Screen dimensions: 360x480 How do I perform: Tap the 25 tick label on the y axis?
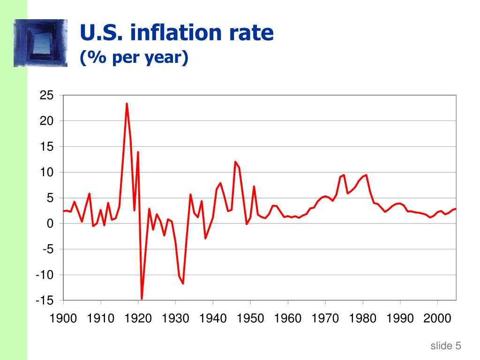[x=47, y=96]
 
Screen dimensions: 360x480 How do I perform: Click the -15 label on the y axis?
[x=45, y=300]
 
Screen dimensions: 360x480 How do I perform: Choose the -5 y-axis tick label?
[x=48, y=249]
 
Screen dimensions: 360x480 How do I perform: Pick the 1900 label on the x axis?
[x=63, y=319]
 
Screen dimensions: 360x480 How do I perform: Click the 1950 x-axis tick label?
[x=250, y=319]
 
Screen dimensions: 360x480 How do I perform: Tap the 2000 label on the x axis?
[x=437, y=319]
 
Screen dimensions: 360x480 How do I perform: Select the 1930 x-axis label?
[x=176, y=319]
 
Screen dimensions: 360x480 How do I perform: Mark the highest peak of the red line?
[x=127, y=104]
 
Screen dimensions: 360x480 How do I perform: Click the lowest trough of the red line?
[x=142, y=299]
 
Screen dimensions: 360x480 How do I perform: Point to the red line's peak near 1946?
[x=235, y=162]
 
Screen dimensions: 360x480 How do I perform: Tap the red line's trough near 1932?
[x=183, y=284]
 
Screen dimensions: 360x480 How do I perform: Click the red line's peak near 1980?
[x=366, y=175]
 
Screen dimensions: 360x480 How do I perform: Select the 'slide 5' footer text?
[x=446, y=346]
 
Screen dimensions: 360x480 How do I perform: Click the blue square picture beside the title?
[x=41, y=43]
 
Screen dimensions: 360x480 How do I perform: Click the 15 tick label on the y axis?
[x=47, y=147]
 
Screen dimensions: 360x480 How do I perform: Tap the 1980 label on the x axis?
[x=362, y=319]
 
